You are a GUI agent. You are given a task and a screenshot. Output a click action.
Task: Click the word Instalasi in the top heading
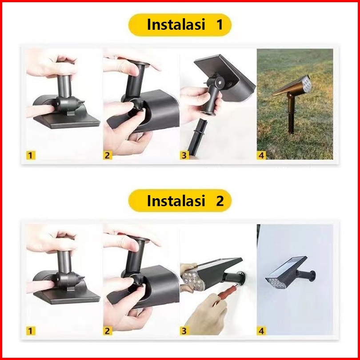coord(176,24)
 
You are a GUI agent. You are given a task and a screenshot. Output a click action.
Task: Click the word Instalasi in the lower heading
coord(176,200)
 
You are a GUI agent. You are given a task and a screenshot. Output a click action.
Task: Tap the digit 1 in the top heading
coord(220,24)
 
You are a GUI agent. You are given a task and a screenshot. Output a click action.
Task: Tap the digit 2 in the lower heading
coord(220,200)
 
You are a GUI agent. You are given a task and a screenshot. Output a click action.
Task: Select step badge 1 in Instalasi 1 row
coord(31,156)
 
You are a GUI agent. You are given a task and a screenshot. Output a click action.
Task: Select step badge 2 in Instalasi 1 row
coord(108,156)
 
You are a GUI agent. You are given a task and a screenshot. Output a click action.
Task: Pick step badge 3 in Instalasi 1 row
coord(184,156)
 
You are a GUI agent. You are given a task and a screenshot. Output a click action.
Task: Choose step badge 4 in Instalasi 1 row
coord(261,156)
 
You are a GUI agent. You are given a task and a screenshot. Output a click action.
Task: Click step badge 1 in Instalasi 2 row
coord(31,331)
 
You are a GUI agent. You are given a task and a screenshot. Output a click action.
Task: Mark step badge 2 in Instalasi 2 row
coord(108,331)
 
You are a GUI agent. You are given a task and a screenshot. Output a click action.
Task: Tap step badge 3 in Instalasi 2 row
coord(184,331)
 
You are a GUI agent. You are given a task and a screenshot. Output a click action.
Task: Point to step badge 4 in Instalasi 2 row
coord(261,331)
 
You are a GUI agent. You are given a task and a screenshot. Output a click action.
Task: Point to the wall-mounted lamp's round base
coord(312,276)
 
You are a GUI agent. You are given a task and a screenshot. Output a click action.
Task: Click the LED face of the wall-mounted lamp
coord(276,283)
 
